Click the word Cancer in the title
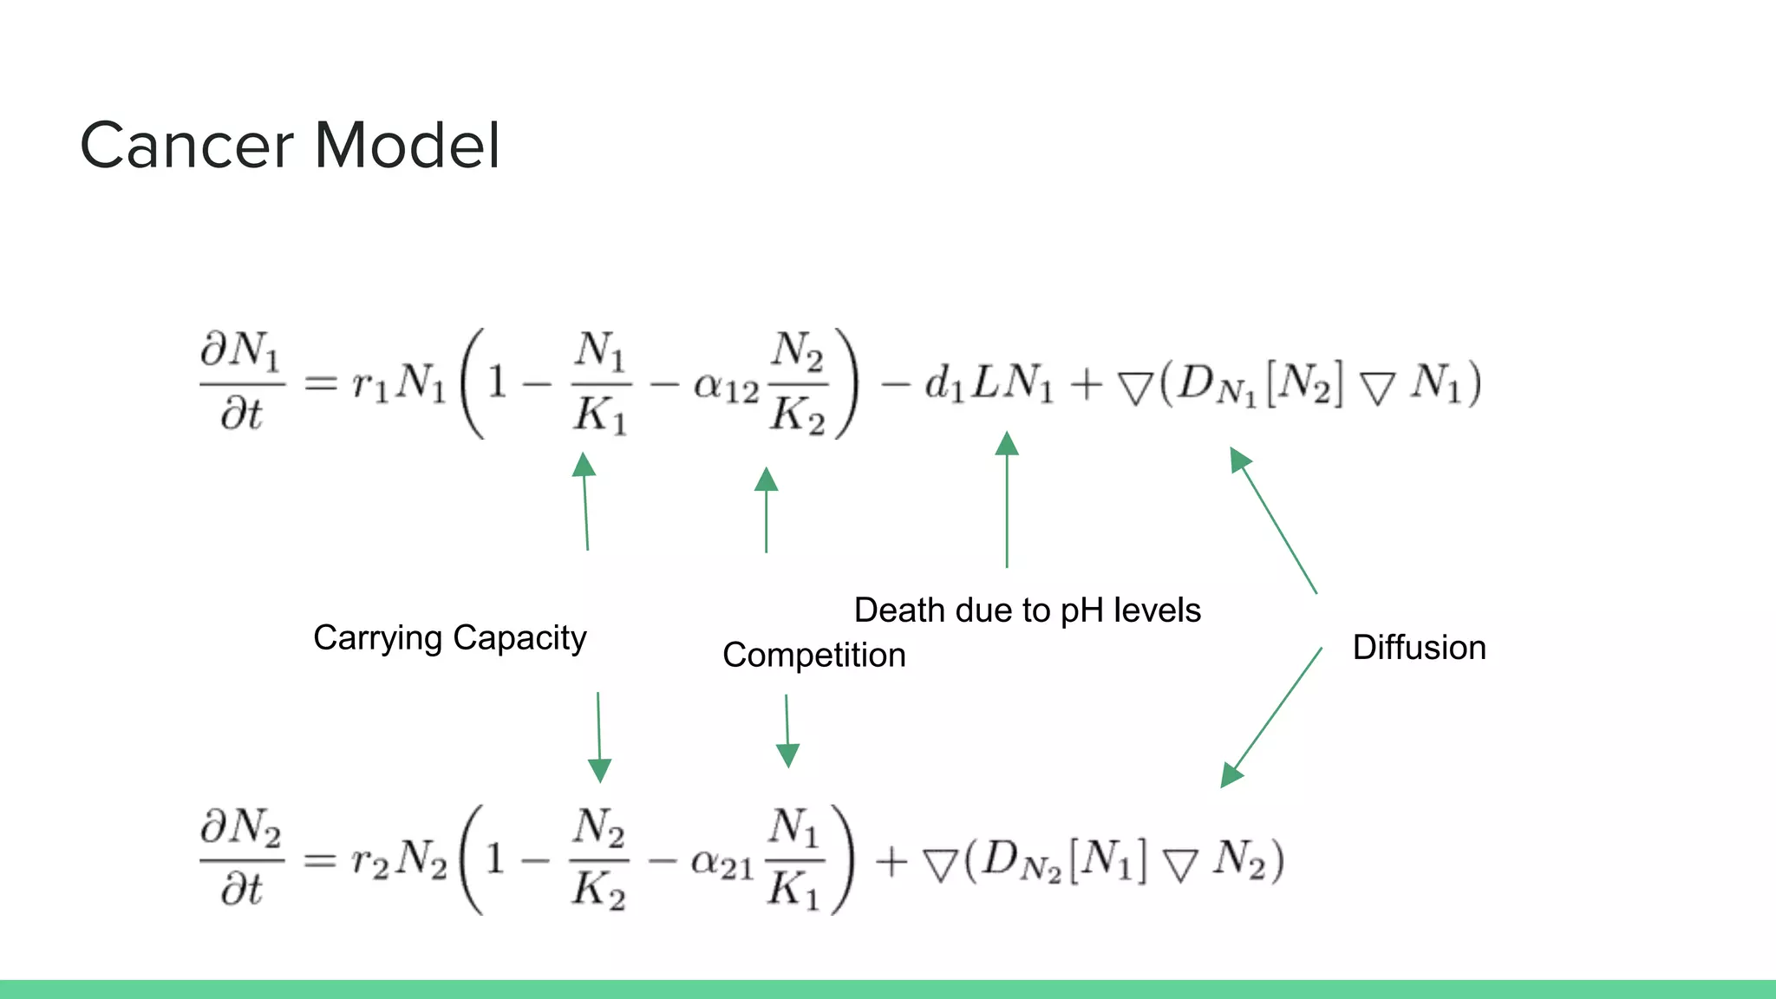pyautogui.click(x=186, y=146)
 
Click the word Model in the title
pyautogui.click(x=407, y=146)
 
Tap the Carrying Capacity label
pyautogui.click(x=449, y=638)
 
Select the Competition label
pyautogui.click(x=813, y=656)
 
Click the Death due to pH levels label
pyautogui.click(x=1027, y=610)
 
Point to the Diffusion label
pyautogui.click(x=1419, y=648)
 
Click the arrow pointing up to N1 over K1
pyautogui.click(x=586, y=503)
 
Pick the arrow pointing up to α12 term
pyautogui.click(x=766, y=512)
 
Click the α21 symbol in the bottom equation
pyautogui.click(x=721, y=864)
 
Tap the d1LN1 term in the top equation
pyautogui.click(x=989, y=383)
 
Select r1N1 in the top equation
pyautogui.click(x=398, y=383)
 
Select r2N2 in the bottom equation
pyautogui.click(x=398, y=861)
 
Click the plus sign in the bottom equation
pyautogui.click(x=891, y=862)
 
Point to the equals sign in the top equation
pyautogui.click(x=320, y=383)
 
